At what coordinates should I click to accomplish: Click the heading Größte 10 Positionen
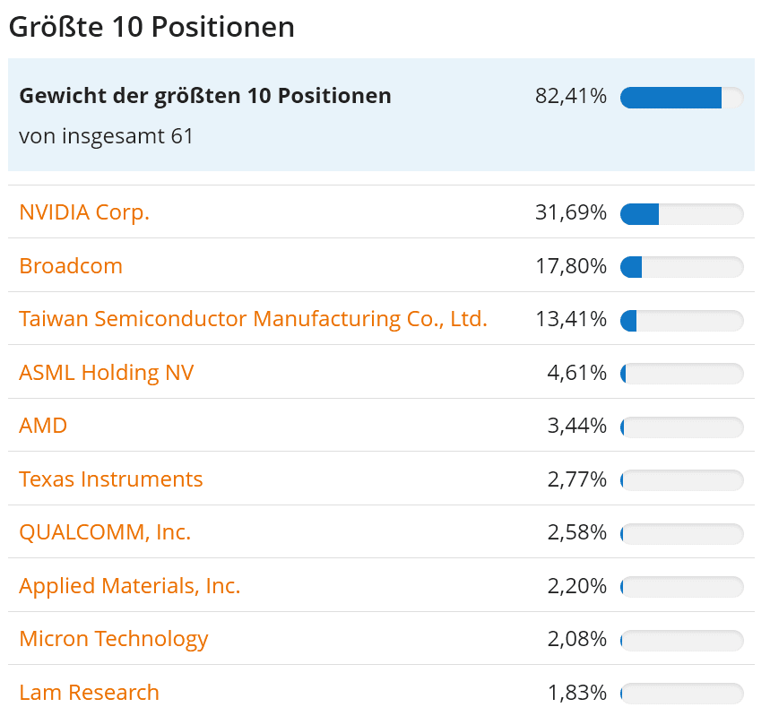tap(151, 27)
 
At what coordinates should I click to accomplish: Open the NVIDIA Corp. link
tap(84, 212)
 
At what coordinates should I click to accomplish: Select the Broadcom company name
tap(71, 266)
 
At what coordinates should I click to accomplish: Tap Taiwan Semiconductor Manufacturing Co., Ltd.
tap(253, 319)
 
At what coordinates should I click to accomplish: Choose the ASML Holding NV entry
tap(106, 372)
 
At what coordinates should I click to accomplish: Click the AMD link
tap(43, 425)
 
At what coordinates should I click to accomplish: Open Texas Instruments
tap(111, 479)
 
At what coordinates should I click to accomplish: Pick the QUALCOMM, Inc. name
tap(105, 532)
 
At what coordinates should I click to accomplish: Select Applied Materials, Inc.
tap(129, 585)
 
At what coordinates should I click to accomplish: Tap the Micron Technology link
tap(114, 639)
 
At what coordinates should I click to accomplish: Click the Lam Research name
tap(89, 692)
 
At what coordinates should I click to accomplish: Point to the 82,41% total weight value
tap(571, 96)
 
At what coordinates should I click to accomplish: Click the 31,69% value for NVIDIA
tap(571, 213)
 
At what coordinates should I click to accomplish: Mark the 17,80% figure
tap(571, 266)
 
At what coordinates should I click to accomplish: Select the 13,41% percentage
tap(571, 319)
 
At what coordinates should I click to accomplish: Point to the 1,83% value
tap(577, 693)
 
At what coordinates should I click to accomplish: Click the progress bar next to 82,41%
tap(681, 98)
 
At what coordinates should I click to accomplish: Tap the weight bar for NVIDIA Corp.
tap(681, 214)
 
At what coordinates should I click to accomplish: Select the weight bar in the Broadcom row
tap(681, 267)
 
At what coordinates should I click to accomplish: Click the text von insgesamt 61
tap(106, 136)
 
